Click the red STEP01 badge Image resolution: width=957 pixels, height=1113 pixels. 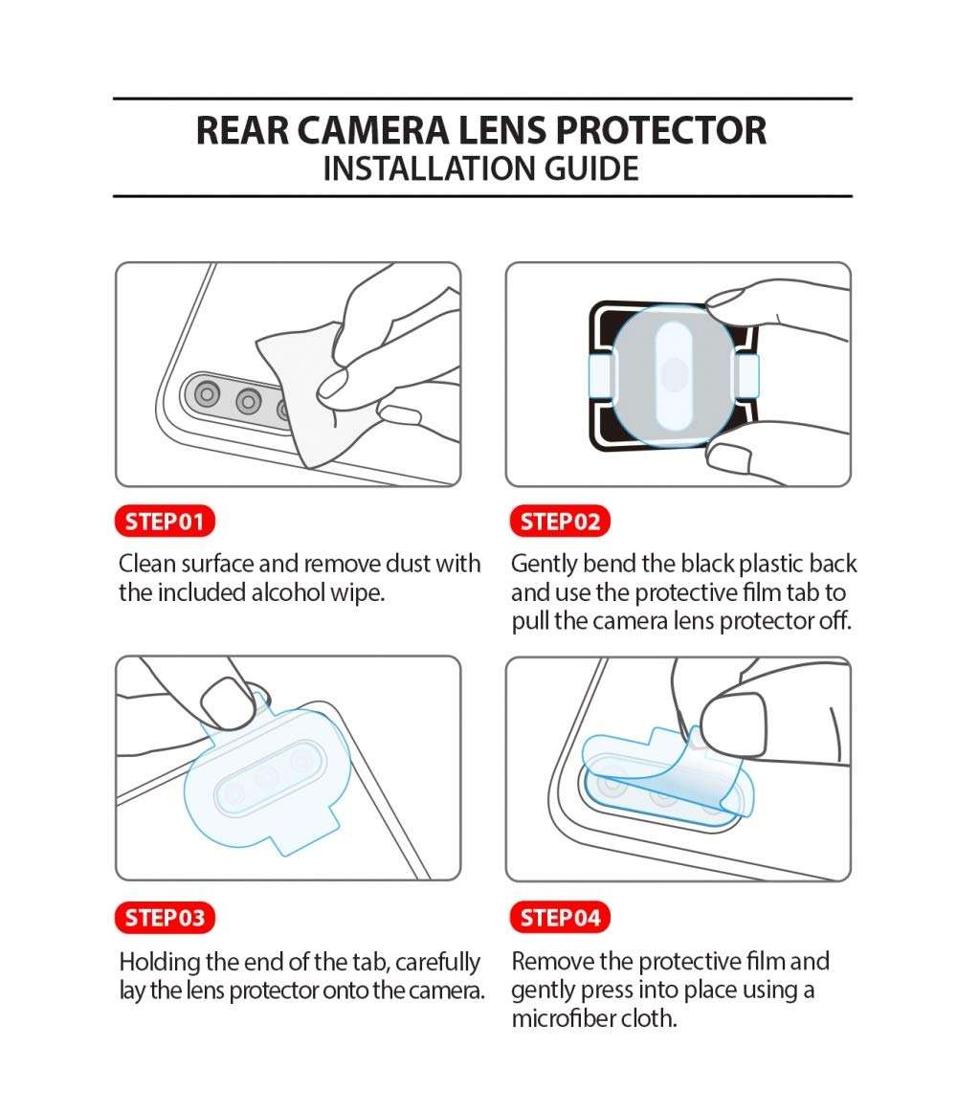(x=166, y=522)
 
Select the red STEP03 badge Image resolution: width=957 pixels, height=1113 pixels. (x=166, y=918)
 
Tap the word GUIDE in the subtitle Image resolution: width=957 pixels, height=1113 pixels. (x=590, y=168)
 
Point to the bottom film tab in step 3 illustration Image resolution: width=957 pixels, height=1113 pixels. (x=304, y=835)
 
